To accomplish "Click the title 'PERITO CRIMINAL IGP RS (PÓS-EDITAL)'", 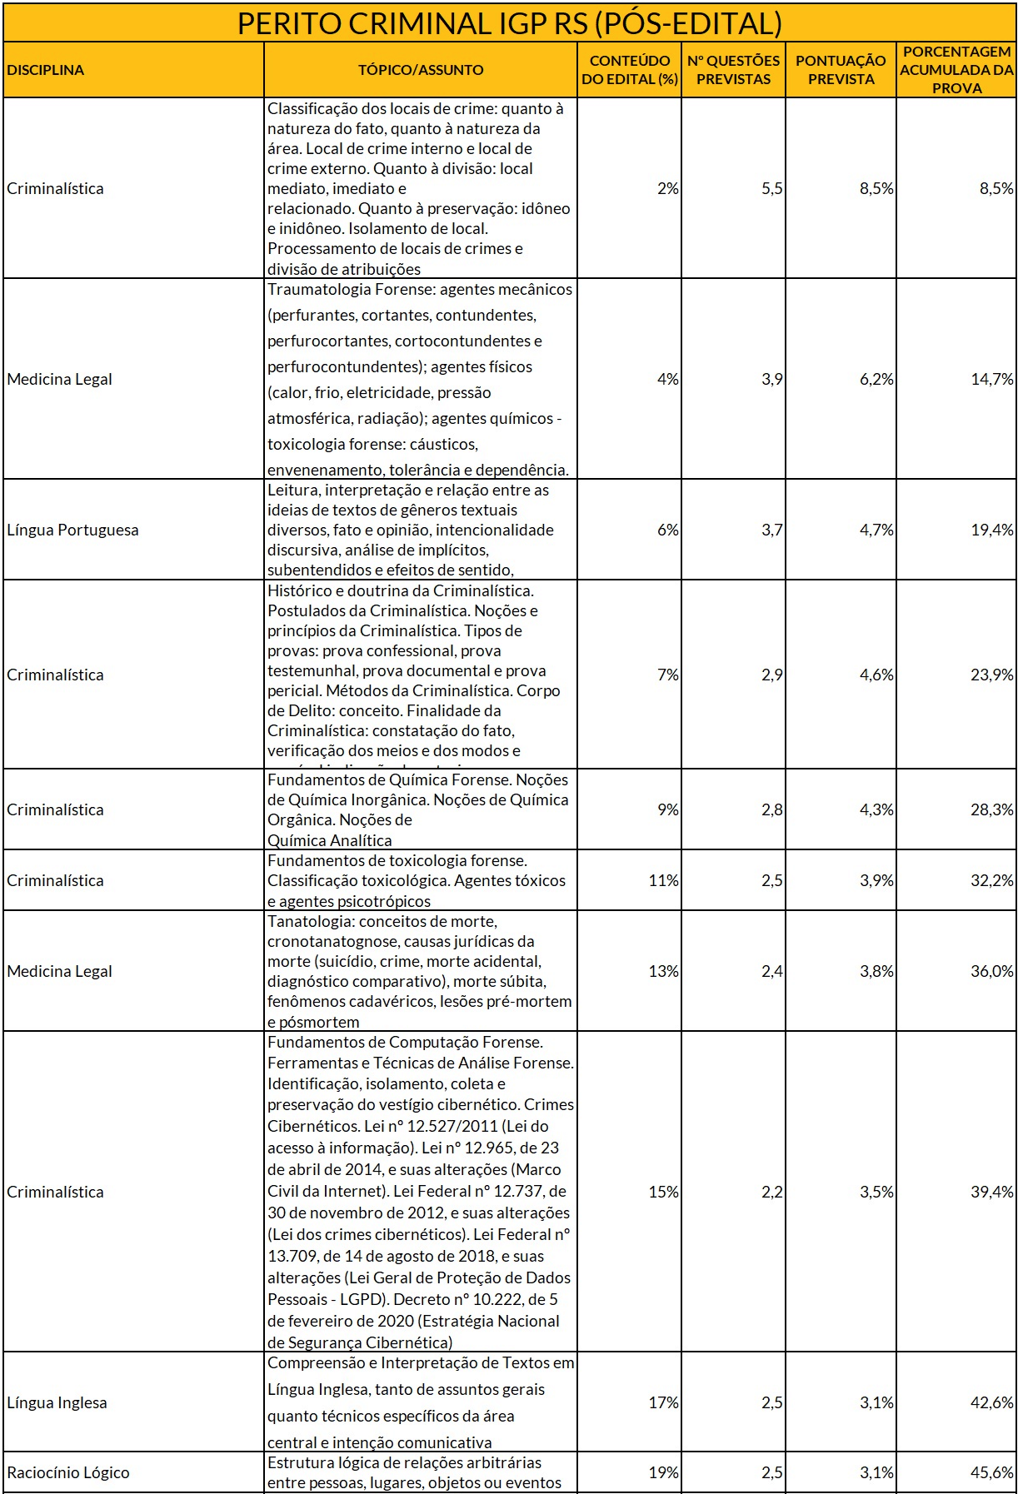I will pyautogui.click(x=509, y=23).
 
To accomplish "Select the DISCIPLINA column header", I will pyautogui.click(x=46, y=70).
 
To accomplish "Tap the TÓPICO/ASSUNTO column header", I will pyautogui.click(x=421, y=70).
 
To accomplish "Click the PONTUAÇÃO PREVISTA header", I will pyautogui.click(x=841, y=70).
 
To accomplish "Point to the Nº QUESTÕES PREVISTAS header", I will pyautogui.click(x=733, y=70).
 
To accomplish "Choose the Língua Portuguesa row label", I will pyautogui.click(x=73, y=530).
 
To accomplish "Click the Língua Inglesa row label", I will pyautogui.click(x=57, y=1402).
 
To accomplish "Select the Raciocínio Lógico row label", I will pyautogui.click(x=68, y=1472).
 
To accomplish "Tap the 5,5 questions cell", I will pyautogui.click(x=771, y=188).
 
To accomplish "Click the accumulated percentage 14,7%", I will pyautogui.click(x=991, y=379).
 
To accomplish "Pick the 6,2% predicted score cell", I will pyautogui.click(x=876, y=379).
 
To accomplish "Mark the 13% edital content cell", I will pyautogui.click(x=663, y=971).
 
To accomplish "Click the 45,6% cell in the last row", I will pyautogui.click(x=991, y=1472).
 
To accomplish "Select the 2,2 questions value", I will pyautogui.click(x=771, y=1192).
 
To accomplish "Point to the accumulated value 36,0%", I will pyautogui.click(x=991, y=971).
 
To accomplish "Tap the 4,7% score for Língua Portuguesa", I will pyautogui.click(x=876, y=530).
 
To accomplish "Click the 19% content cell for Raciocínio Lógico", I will pyautogui.click(x=663, y=1472).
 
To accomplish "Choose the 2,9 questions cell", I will pyautogui.click(x=771, y=675).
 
